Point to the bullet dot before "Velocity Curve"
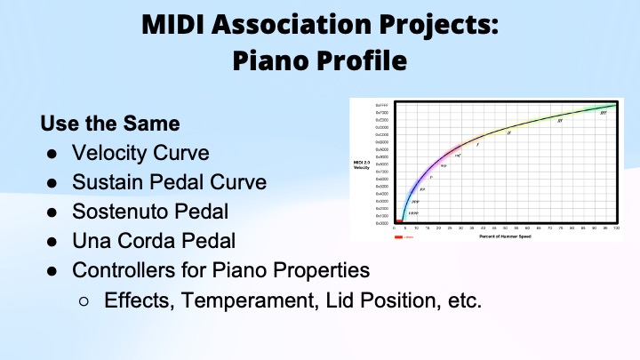pyautogui.click(x=52, y=152)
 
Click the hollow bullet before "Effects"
pyautogui.click(x=84, y=300)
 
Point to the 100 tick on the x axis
pyautogui.click(x=616, y=228)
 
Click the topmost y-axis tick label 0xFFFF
pyautogui.click(x=383, y=105)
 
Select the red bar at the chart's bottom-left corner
pyautogui.click(x=399, y=221)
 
